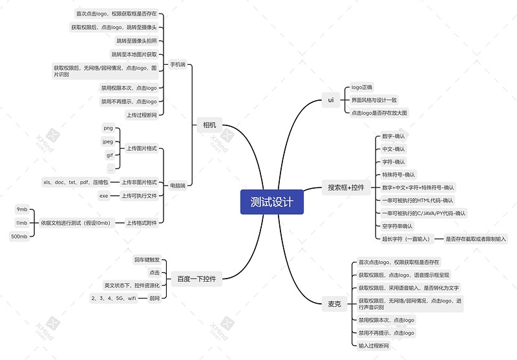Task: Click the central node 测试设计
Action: point(271,202)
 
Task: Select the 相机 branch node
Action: point(209,125)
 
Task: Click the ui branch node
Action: point(330,100)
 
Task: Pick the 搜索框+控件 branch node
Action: point(346,188)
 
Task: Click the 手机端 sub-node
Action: point(177,65)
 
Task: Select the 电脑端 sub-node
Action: point(177,185)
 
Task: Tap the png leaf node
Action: point(108,129)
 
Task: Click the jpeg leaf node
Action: point(108,142)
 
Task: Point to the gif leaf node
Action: point(110,155)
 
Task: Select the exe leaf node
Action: point(103,195)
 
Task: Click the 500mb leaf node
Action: point(19,237)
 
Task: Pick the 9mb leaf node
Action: point(22,209)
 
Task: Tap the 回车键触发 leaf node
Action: point(147,260)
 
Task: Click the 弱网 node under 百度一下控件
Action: point(154,298)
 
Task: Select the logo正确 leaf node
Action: point(362,87)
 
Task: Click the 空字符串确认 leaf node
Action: point(397,226)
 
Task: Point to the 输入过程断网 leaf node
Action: point(374,346)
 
